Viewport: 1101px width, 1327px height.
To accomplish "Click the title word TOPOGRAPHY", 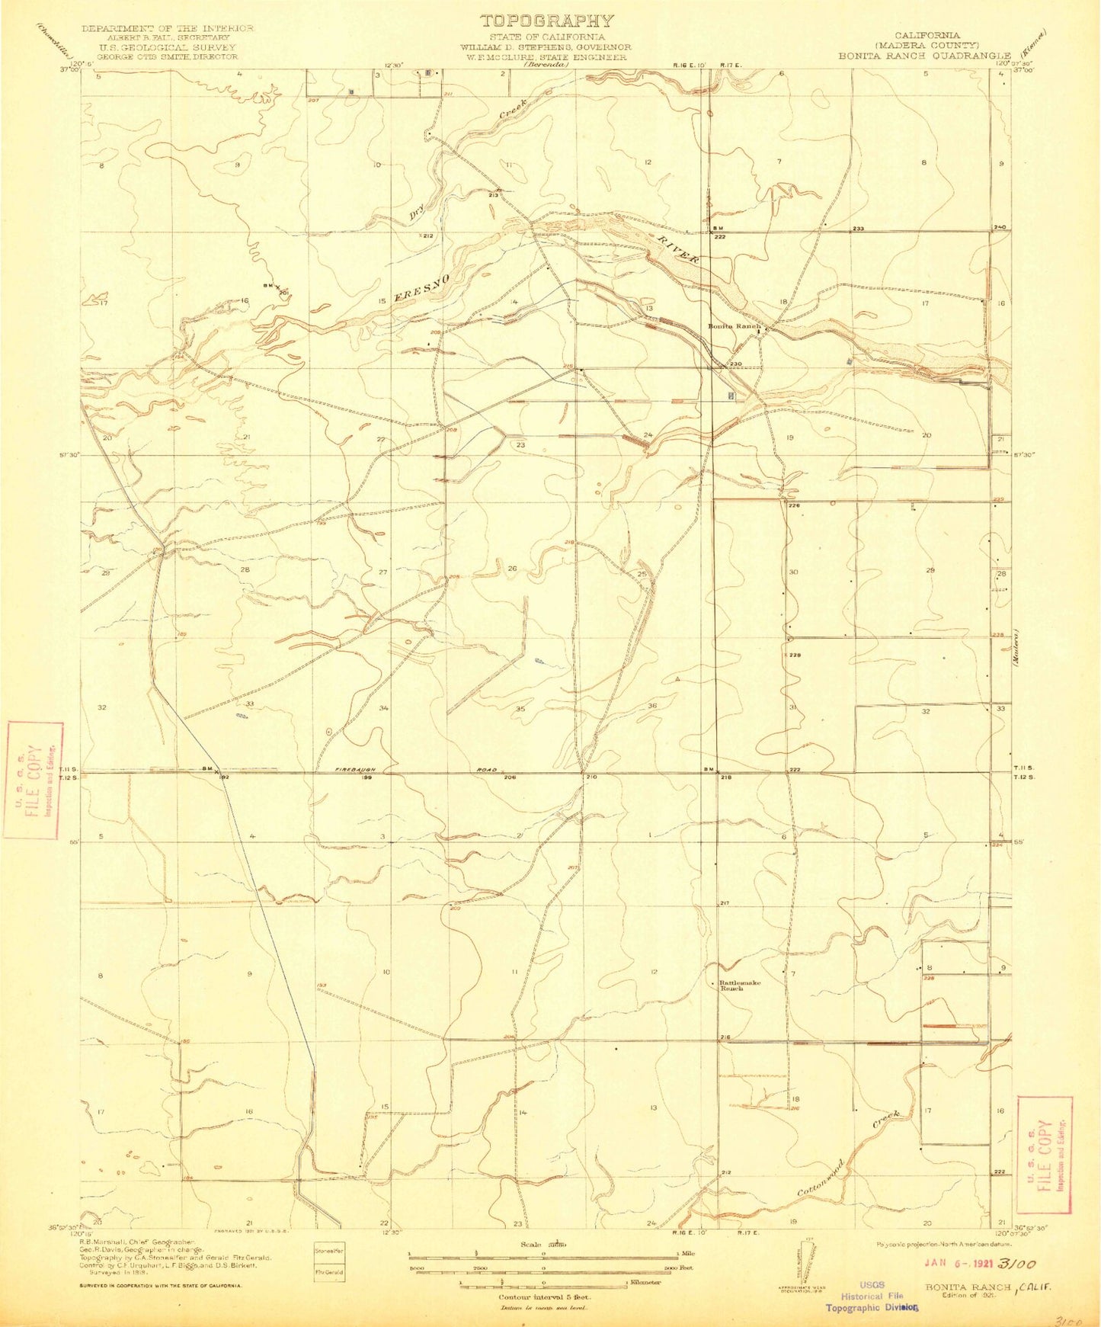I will click(x=546, y=21).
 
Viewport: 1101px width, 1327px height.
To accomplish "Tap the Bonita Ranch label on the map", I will click(x=734, y=326).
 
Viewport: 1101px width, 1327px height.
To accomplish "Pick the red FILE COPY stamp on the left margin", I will click(x=33, y=780).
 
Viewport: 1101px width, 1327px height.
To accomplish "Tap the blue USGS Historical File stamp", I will click(x=872, y=1296).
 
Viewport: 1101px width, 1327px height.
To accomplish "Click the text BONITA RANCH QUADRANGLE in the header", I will click(x=924, y=56).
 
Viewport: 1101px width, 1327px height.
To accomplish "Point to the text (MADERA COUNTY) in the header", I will click(x=927, y=45).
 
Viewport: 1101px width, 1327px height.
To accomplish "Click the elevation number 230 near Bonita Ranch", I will click(x=736, y=364).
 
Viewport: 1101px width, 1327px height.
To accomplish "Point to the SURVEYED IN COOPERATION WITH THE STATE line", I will click(x=161, y=1286).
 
